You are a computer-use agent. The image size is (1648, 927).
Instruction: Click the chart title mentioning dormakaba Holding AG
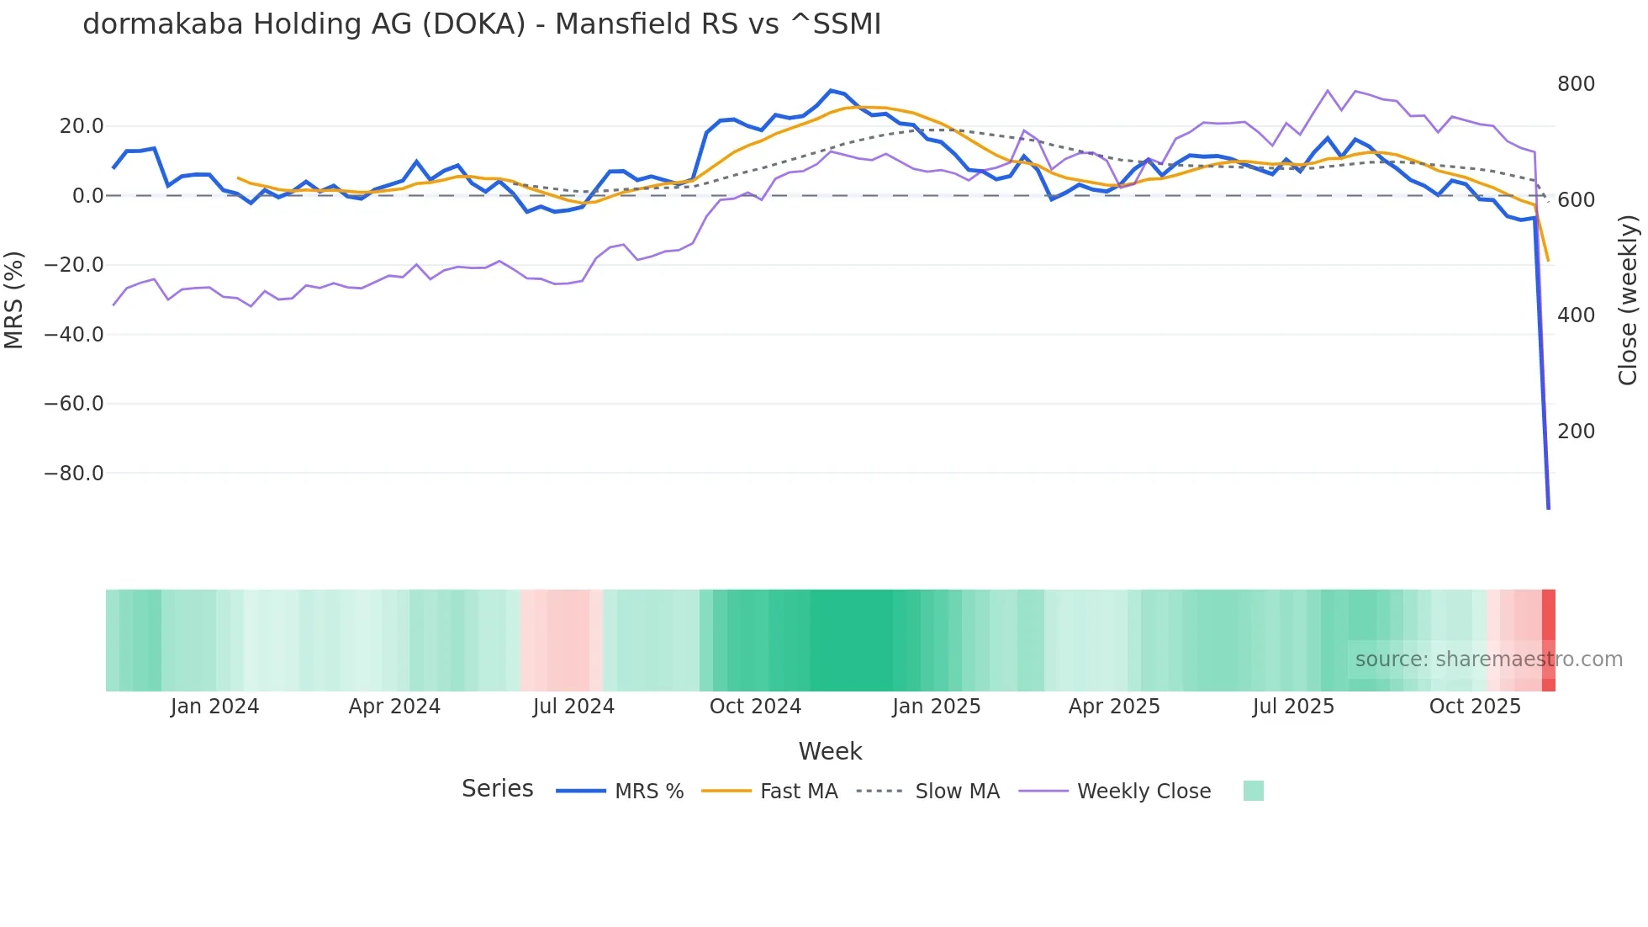click(482, 24)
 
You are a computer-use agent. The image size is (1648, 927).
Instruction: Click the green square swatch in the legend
click(1253, 791)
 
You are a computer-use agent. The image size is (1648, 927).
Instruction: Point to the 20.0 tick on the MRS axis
click(82, 126)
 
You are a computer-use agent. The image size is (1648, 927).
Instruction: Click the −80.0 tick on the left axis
click(74, 474)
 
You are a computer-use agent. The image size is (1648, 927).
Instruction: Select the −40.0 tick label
click(74, 335)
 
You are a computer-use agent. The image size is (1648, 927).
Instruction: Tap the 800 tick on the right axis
click(1576, 84)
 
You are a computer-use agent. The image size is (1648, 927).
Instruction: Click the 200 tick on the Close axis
click(1576, 432)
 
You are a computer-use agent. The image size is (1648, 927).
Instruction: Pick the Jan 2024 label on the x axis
click(214, 707)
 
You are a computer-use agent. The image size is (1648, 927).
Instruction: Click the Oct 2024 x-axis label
click(755, 707)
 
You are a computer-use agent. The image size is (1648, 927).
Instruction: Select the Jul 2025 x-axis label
click(1293, 707)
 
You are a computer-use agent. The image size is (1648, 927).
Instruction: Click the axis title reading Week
click(830, 751)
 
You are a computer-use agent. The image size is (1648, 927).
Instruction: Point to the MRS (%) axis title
click(14, 299)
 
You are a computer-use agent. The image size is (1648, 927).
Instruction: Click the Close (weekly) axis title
click(1628, 299)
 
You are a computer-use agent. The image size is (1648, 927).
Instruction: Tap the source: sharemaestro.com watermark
click(1488, 659)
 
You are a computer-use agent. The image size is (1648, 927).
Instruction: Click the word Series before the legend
click(497, 789)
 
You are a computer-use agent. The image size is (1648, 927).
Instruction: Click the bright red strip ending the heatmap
click(1549, 640)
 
